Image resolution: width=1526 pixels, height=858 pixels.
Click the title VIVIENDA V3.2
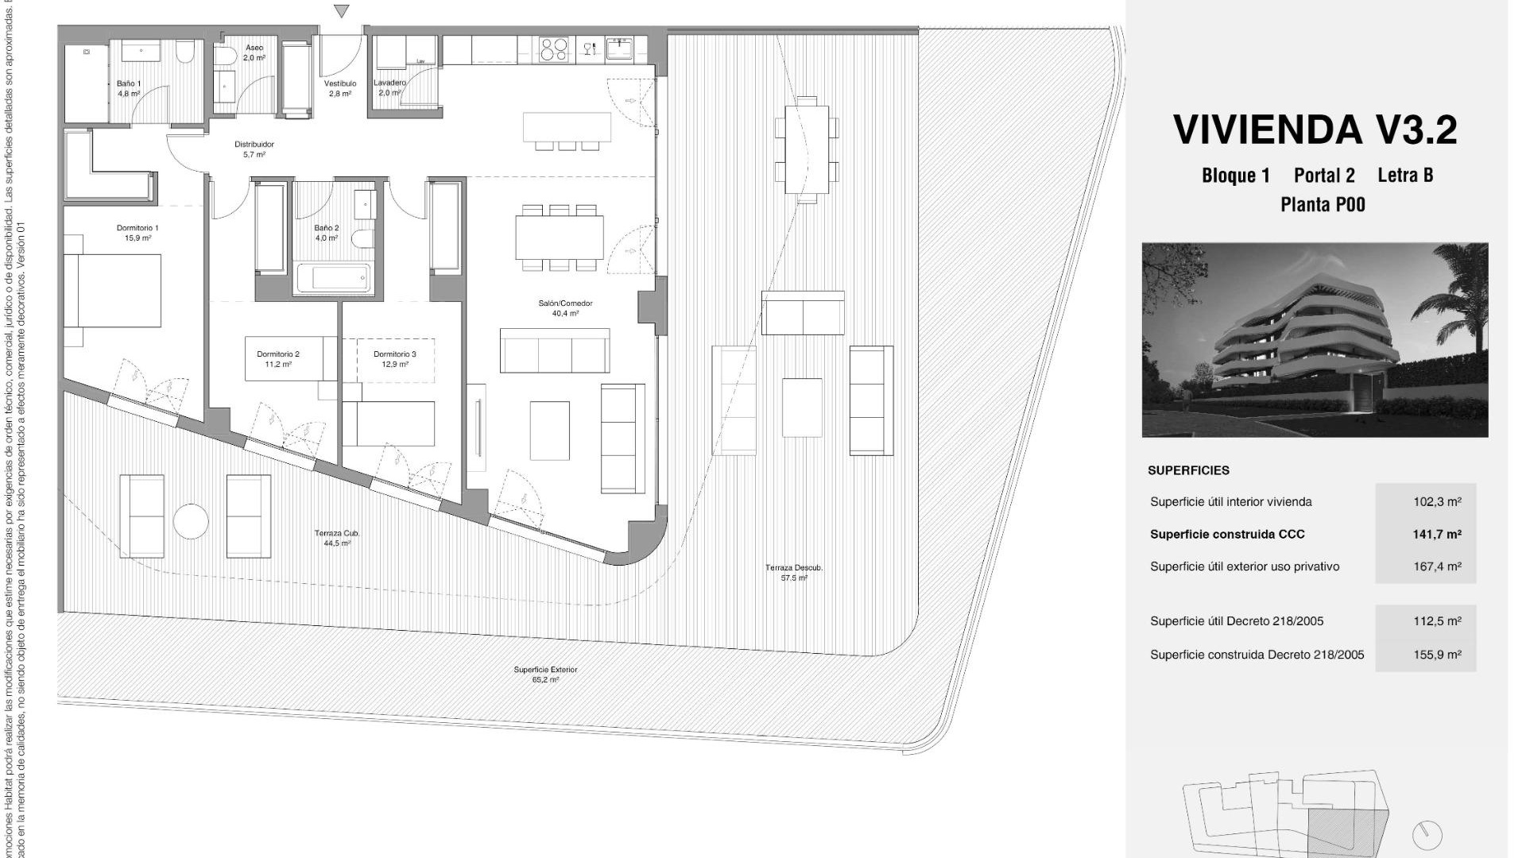pyautogui.click(x=1315, y=130)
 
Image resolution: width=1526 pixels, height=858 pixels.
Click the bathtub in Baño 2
pyautogui.click(x=334, y=278)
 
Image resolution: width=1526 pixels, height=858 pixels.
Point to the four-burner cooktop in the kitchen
pyautogui.click(x=554, y=49)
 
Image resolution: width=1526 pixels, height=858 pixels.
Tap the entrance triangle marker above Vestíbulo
pyautogui.click(x=342, y=11)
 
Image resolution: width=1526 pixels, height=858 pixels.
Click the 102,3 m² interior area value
pyautogui.click(x=1437, y=502)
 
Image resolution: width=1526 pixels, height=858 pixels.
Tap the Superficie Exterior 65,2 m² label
pyautogui.click(x=545, y=674)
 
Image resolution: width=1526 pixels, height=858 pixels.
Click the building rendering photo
pyautogui.click(x=1315, y=340)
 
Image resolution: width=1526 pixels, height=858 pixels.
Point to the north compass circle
pyautogui.click(x=1427, y=835)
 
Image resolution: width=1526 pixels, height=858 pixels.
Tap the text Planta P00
pyautogui.click(x=1323, y=205)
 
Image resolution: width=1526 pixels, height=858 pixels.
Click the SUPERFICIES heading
pyautogui.click(x=1188, y=470)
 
